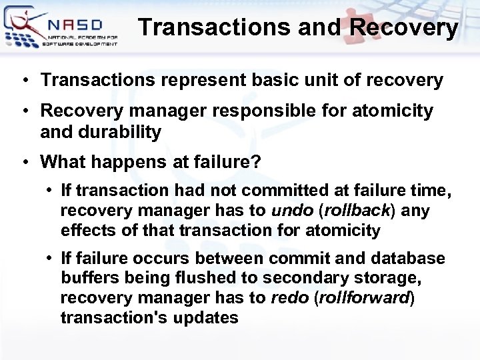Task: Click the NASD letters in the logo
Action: click(74, 24)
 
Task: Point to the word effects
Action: click(86, 231)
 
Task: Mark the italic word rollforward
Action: click(363, 297)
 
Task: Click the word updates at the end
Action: click(206, 317)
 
